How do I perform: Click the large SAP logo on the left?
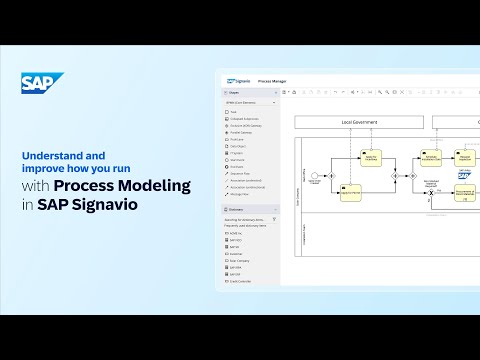tap(42, 86)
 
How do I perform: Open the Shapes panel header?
tap(234, 91)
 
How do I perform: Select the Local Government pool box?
tap(359, 122)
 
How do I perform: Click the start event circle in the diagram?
tap(315, 177)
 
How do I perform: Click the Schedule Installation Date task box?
tap(430, 159)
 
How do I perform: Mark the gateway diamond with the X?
tap(431, 192)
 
